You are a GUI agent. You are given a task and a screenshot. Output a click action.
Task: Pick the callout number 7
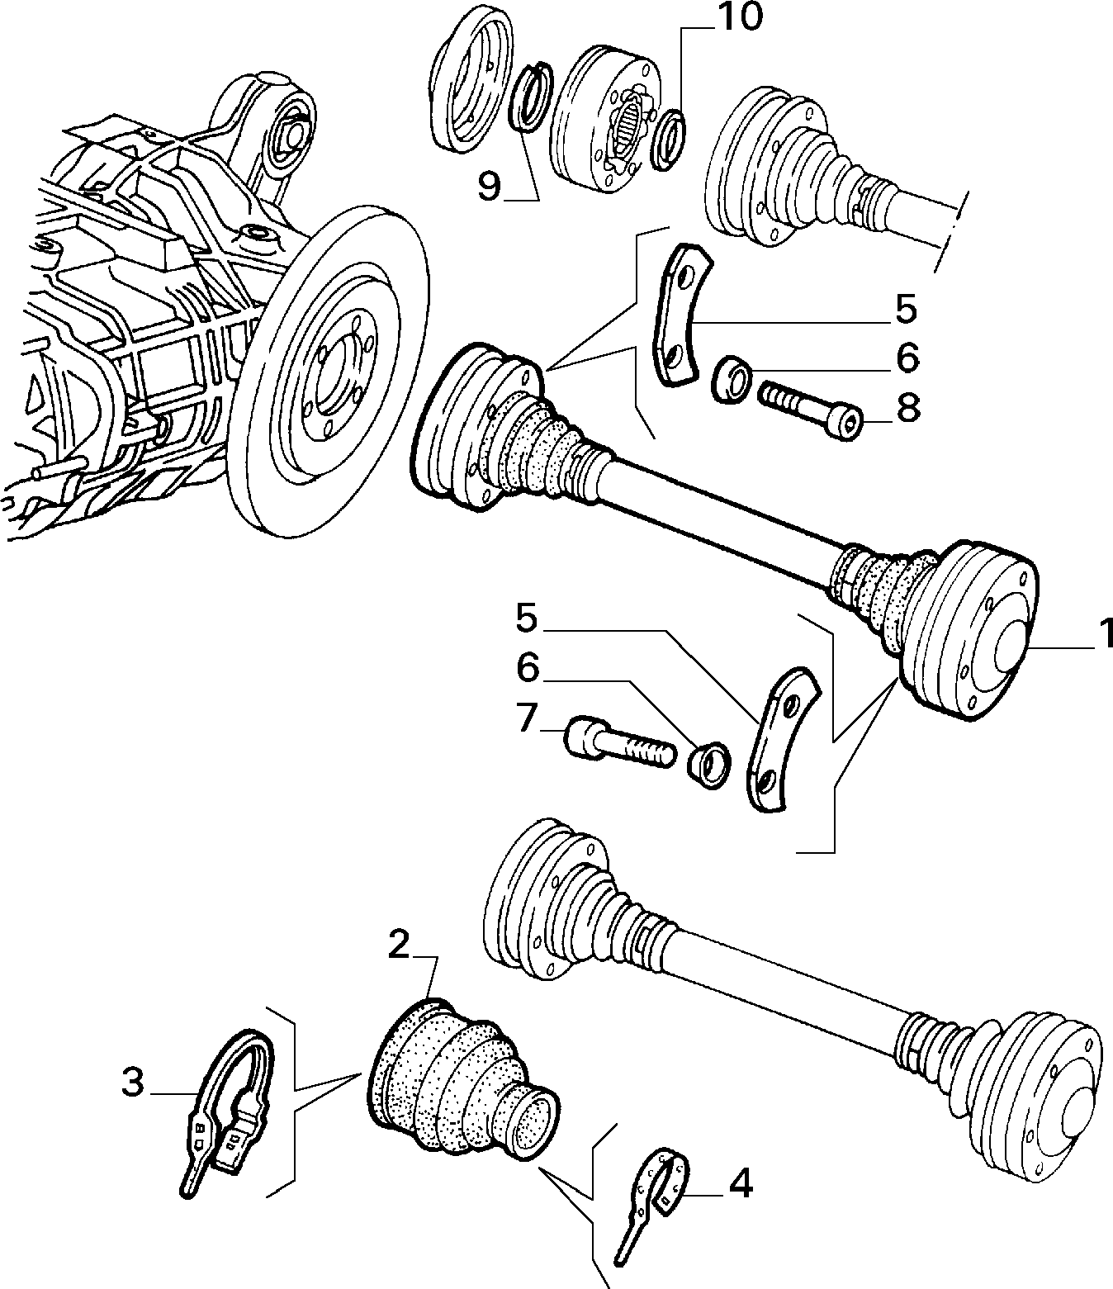coord(525,717)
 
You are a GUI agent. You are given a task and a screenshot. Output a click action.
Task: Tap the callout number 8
coord(908,409)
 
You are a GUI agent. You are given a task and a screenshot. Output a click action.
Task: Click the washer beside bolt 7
coord(709,766)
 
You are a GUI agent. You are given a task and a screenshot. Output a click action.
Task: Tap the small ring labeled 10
coord(668,140)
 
